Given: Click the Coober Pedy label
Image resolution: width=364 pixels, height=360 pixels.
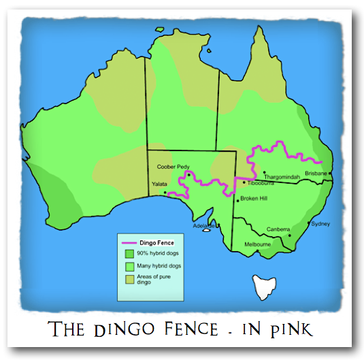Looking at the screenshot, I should tap(173, 166).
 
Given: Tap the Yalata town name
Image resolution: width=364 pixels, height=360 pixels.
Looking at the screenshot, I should tap(160, 184).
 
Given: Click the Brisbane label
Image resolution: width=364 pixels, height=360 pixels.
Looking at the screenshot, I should tap(316, 174).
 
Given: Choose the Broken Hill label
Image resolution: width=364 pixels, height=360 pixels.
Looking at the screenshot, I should tap(254, 199).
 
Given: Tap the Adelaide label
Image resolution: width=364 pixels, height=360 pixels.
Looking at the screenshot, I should tap(203, 225).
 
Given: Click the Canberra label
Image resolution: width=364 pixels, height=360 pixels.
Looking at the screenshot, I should tap(279, 229).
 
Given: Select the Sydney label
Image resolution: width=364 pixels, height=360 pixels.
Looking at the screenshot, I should tap(320, 224).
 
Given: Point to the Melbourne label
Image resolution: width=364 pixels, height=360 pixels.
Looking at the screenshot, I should tap(258, 244).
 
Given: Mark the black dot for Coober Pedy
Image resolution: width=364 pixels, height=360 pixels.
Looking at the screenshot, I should tap(187, 174).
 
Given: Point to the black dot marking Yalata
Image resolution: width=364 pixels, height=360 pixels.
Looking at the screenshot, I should tap(165, 192).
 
